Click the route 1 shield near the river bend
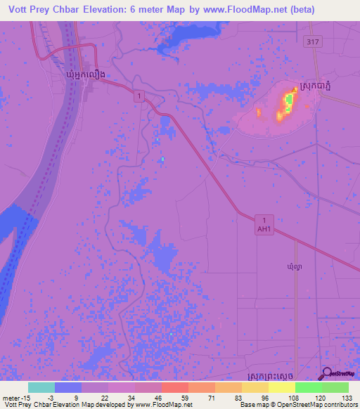point(141,95)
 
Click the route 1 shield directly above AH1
point(263,219)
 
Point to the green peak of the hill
point(288,101)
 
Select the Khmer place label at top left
point(85,74)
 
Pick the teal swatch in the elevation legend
point(41,387)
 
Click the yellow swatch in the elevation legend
point(281,387)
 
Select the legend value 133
point(340,398)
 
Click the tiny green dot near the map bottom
point(170,334)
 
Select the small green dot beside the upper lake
point(162,159)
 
